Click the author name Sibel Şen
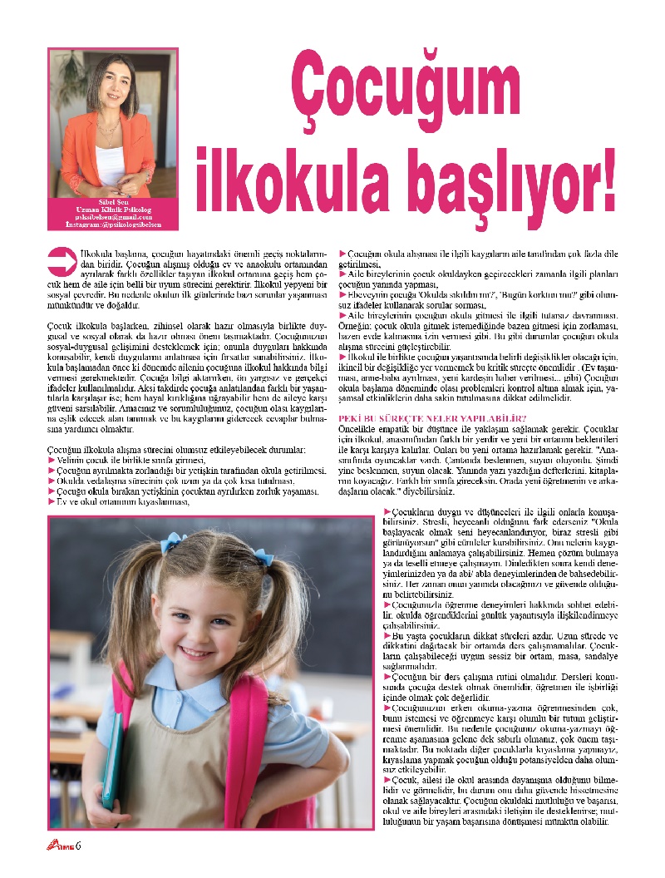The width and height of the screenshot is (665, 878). click(112, 200)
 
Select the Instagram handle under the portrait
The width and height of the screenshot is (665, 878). click(112, 224)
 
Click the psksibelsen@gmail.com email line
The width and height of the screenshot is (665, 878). click(112, 216)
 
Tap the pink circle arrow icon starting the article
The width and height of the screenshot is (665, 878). click(62, 260)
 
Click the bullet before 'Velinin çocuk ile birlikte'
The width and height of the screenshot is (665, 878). click(52, 459)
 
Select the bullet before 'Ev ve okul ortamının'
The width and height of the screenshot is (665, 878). click(52, 501)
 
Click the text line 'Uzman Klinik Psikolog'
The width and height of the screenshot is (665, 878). click(112, 208)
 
